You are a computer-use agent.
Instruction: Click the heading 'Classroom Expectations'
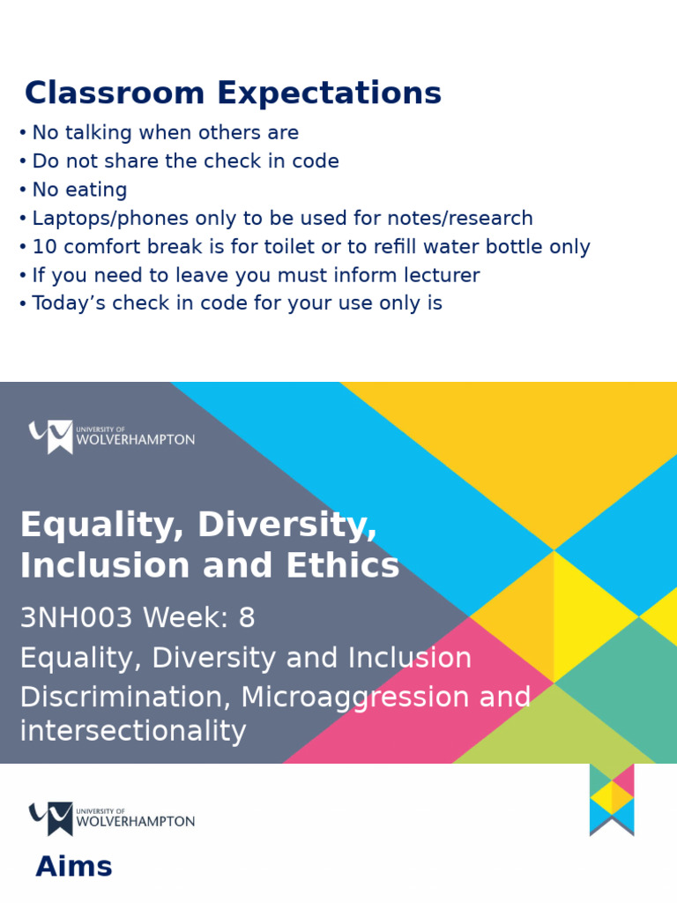coord(233,93)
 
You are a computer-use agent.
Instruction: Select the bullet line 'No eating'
coord(79,190)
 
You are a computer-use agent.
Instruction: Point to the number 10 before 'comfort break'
coord(44,247)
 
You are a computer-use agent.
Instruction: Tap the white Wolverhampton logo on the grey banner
coord(111,437)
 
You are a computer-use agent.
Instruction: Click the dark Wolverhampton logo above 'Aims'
coord(111,818)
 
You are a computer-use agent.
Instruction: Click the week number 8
coord(246,618)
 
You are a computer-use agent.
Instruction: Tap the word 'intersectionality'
coord(132,731)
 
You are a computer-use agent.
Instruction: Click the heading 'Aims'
coord(74,867)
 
